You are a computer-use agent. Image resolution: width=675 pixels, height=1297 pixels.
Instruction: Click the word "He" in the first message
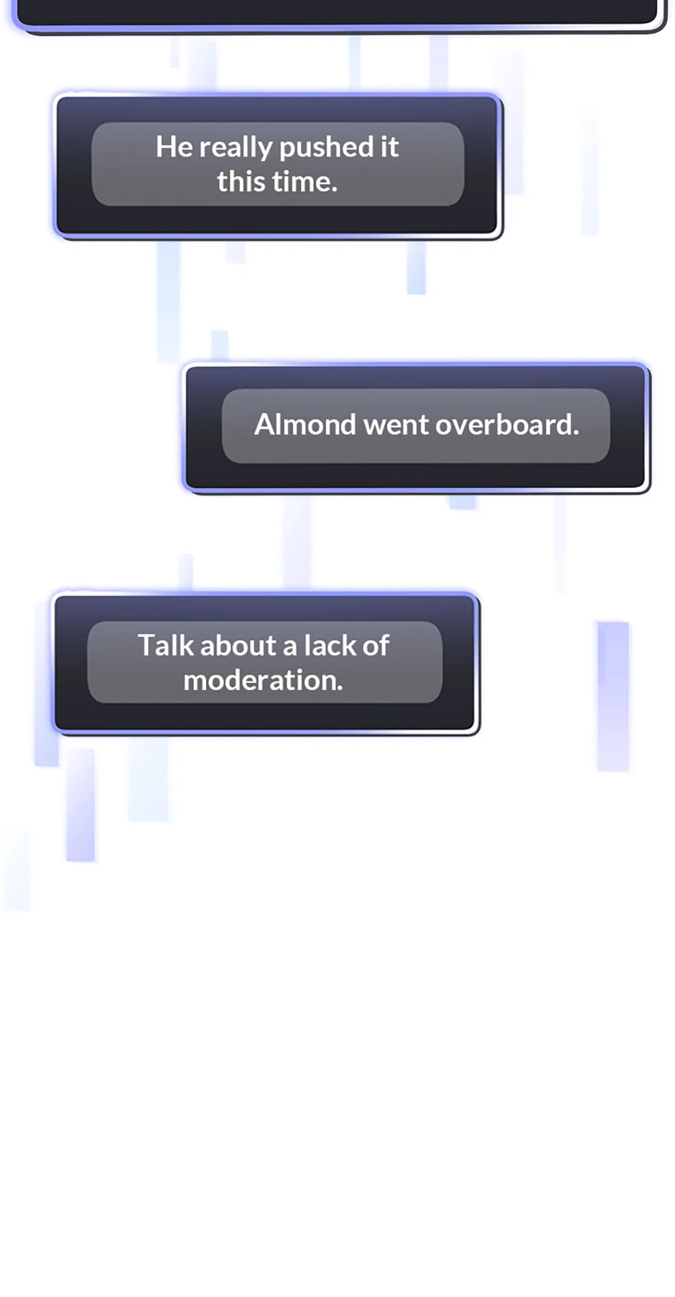tap(174, 147)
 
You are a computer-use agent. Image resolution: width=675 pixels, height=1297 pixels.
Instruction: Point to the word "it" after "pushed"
tap(389, 147)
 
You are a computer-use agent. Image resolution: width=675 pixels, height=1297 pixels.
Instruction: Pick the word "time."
tap(306, 181)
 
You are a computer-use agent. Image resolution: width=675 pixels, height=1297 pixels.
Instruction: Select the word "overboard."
tap(507, 425)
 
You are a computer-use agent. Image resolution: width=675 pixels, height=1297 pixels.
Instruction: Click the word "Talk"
tap(166, 645)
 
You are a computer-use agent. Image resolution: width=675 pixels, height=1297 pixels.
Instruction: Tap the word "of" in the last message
tap(376, 645)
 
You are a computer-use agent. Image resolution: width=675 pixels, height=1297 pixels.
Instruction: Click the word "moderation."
tap(263, 680)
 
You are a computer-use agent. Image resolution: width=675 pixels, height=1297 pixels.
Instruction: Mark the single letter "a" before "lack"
tap(290, 648)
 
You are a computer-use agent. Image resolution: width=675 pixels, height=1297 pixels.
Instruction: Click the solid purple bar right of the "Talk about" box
tap(613, 696)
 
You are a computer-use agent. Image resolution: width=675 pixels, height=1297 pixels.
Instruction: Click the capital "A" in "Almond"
tap(266, 425)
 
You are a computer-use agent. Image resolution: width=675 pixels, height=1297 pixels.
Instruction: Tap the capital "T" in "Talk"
tap(147, 645)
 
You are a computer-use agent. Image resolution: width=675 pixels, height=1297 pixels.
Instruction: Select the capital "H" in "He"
tap(166, 147)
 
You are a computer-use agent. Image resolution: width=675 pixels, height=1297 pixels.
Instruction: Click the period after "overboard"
tap(576, 433)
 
